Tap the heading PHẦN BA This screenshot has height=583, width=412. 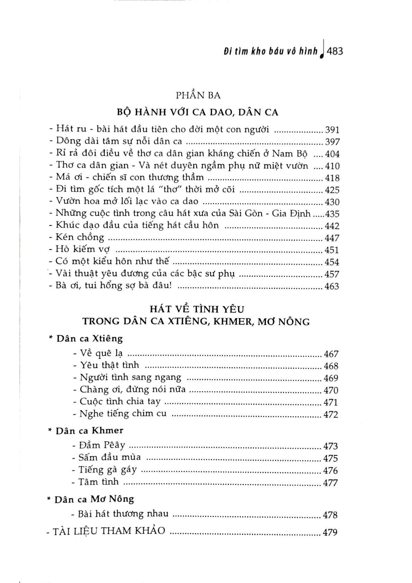coord(198,95)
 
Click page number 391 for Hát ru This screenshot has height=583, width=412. coord(332,130)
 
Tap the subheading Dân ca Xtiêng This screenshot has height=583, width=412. coord(89,338)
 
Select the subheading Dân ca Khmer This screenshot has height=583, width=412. coord(89,430)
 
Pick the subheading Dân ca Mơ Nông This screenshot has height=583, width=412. coord(94,499)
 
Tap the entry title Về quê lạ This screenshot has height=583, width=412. coord(101,353)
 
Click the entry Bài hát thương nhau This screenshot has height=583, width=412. coord(123,514)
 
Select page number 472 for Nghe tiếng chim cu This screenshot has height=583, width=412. coord(330,414)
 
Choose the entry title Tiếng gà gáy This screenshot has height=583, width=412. coord(107,470)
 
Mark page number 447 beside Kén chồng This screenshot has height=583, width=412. coord(332,238)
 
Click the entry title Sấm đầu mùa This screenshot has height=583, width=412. coord(109,458)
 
